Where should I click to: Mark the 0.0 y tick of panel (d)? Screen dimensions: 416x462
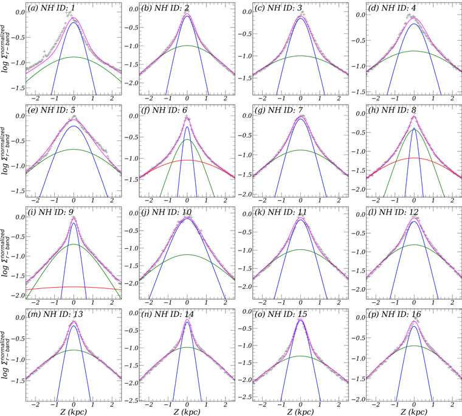pos(359,13)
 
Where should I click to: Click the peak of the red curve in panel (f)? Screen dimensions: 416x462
pos(187,160)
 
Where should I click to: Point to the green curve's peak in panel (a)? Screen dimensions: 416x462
pos(74,57)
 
